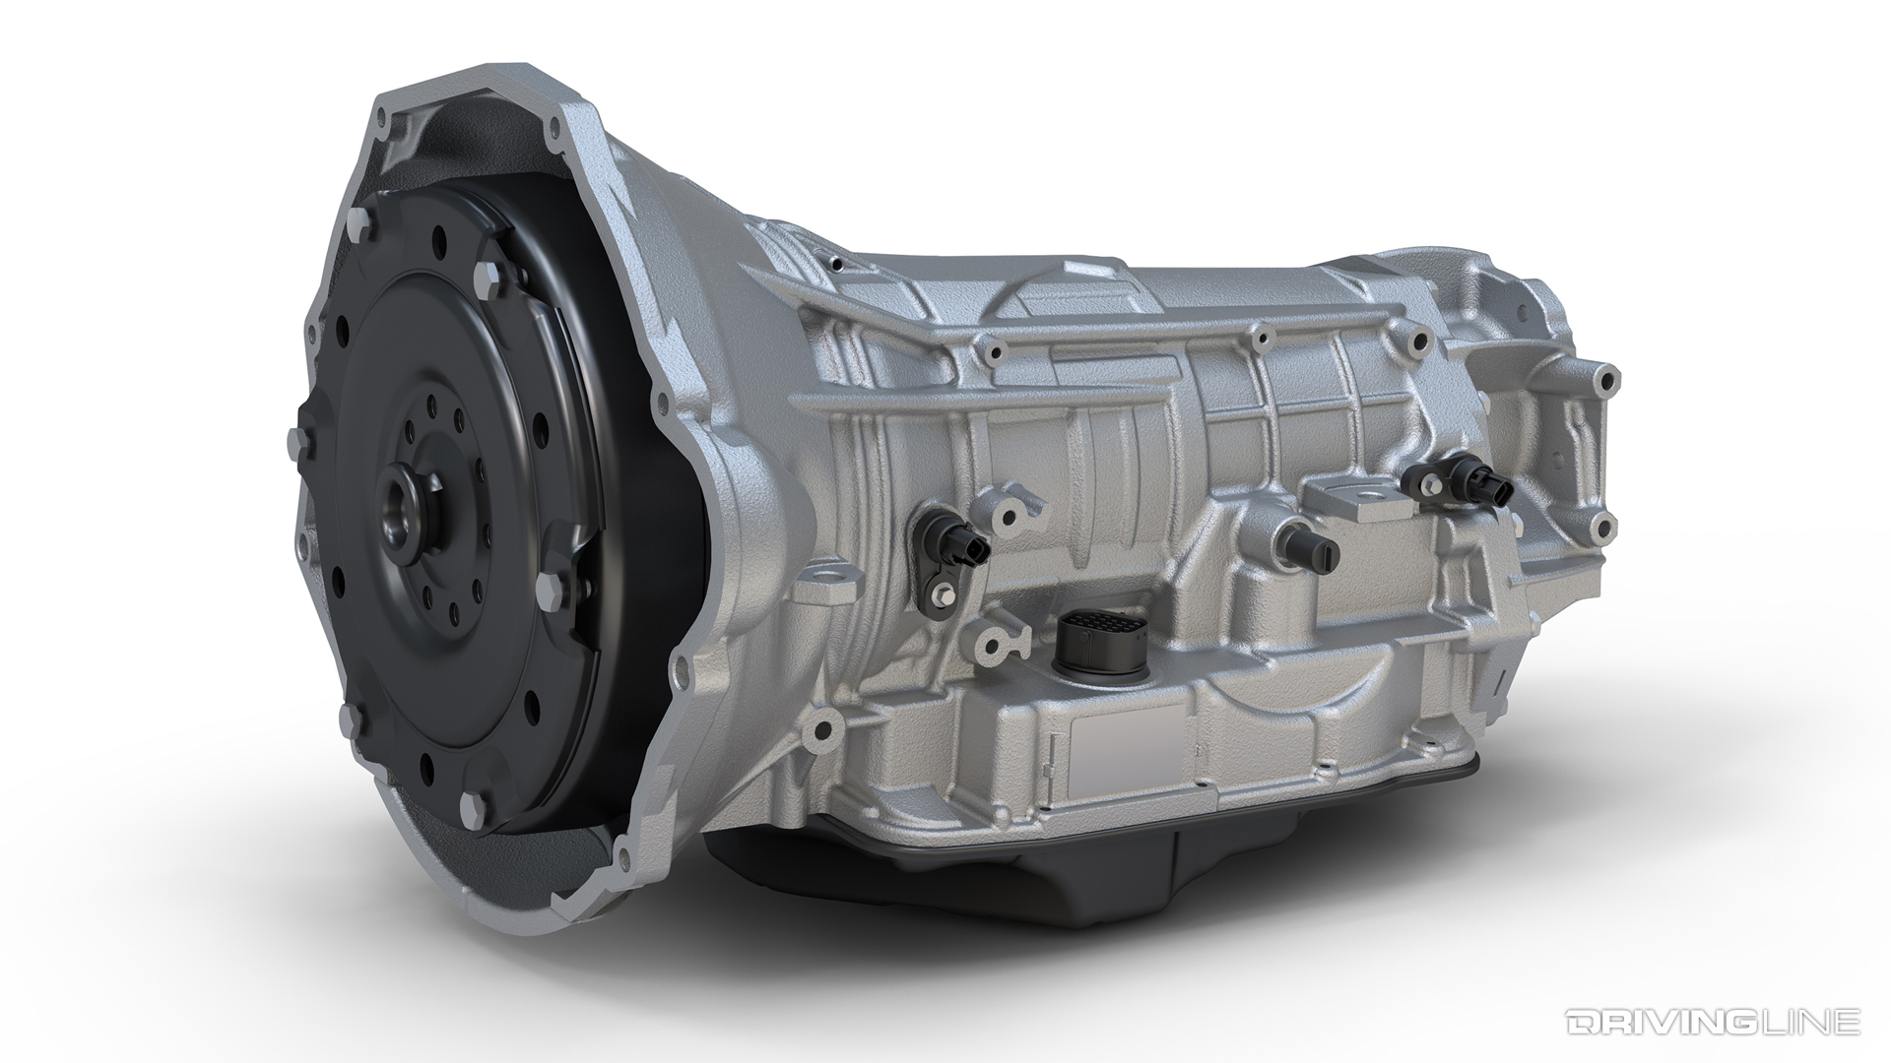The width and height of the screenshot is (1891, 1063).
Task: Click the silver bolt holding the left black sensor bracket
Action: [x=945, y=593]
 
